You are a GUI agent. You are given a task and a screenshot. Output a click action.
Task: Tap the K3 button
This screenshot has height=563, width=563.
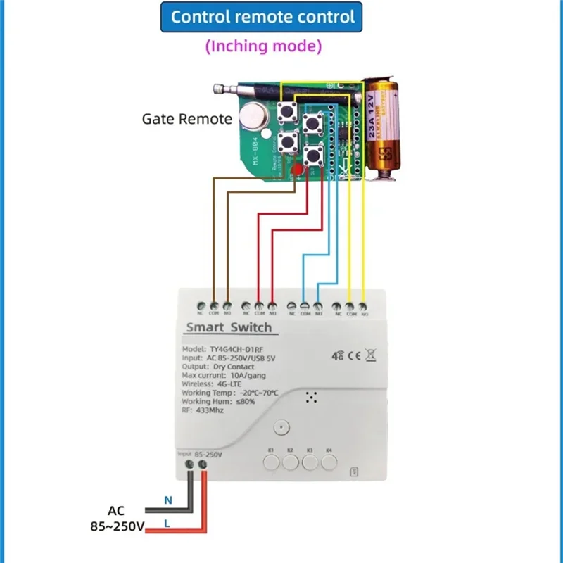(x=310, y=462)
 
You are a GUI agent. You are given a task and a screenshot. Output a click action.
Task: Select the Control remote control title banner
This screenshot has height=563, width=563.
(x=262, y=17)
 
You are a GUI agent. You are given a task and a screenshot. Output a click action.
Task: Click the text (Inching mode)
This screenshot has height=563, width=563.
(x=263, y=46)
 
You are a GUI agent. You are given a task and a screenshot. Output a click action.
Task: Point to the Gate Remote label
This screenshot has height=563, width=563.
(x=186, y=118)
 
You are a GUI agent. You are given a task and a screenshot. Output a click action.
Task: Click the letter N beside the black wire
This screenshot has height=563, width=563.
(x=167, y=500)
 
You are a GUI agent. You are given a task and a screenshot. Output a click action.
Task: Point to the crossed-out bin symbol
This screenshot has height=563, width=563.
(x=372, y=356)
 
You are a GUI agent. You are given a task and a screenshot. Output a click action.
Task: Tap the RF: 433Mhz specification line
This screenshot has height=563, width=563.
(x=203, y=410)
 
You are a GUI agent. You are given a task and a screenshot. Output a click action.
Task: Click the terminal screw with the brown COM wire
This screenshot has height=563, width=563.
(x=213, y=306)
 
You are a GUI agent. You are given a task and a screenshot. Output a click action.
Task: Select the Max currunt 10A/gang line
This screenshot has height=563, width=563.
(x=224, y=376)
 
